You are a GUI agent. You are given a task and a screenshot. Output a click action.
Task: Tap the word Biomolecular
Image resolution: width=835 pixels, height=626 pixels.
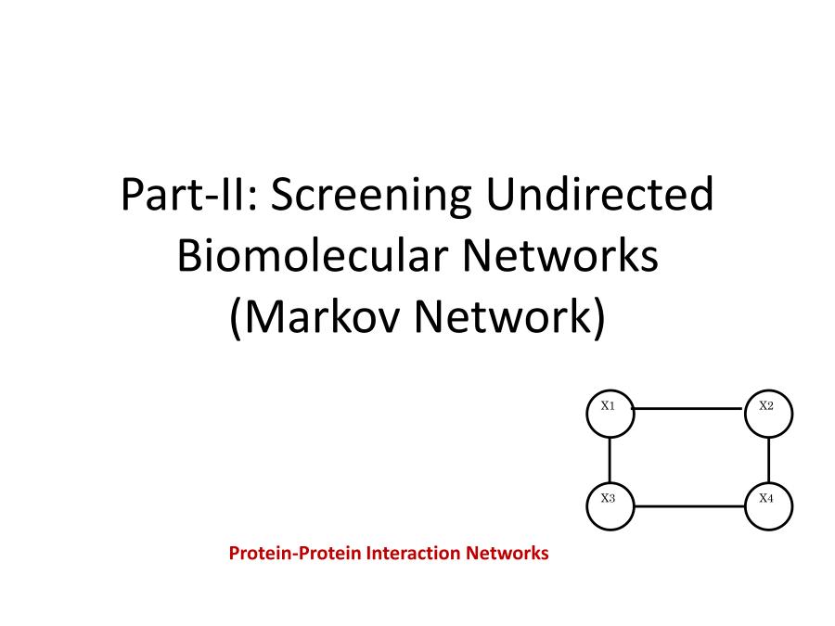pyautogui.click(x=313, y=255)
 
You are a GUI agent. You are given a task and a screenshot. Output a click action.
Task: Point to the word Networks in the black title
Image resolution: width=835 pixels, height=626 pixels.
pyautogui.click(x=560, y=255)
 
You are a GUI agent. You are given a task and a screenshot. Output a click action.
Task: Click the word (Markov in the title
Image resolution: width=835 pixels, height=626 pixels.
pyautogui.click(x=315, y=317)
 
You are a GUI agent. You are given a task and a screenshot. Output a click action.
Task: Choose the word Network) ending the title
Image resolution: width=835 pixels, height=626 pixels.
pyautogui.click(x=510, y=317)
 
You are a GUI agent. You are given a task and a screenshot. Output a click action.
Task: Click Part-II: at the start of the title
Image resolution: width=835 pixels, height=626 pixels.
pyautogui.click(x=189, y=194)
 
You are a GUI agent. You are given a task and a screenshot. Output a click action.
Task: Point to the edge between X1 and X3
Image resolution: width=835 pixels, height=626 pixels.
pyautogui.click(x=610, y=460)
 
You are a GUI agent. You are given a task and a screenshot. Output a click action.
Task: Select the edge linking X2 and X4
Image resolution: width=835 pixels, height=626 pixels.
pyautogui.click(x=768, y=460)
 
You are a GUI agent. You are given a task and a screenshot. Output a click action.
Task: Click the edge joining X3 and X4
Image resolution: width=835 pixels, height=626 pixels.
pyautogui.click(x=689, y=506)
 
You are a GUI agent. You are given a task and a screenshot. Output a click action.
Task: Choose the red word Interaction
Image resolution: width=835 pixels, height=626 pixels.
pyautogui.click(x=414, y=553)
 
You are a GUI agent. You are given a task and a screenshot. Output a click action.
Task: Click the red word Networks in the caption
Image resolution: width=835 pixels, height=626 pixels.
pyautogui.click(x=507, y=553)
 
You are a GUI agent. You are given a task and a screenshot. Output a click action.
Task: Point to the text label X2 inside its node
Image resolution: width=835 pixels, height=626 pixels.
pyautogui.click(x=766, y=405)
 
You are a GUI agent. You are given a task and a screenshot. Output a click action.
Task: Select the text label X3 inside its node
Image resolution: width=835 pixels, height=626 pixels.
pyautogui.click(x=608, y=498)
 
